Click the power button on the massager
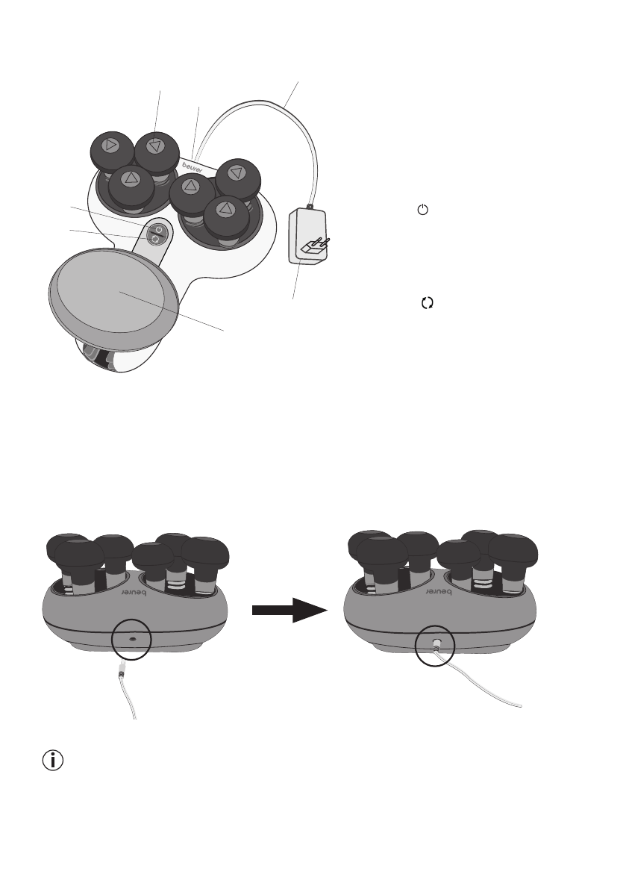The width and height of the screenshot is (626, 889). [x=157, y=229]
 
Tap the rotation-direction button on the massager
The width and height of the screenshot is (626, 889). [x=156, y=240]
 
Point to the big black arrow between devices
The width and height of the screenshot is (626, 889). [x=289, y=610]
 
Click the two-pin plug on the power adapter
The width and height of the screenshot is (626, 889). [x=313, y=247]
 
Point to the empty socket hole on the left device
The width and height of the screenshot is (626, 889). [x=131, y=640]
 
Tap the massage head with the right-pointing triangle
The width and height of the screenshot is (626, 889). [x=110, y=146]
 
